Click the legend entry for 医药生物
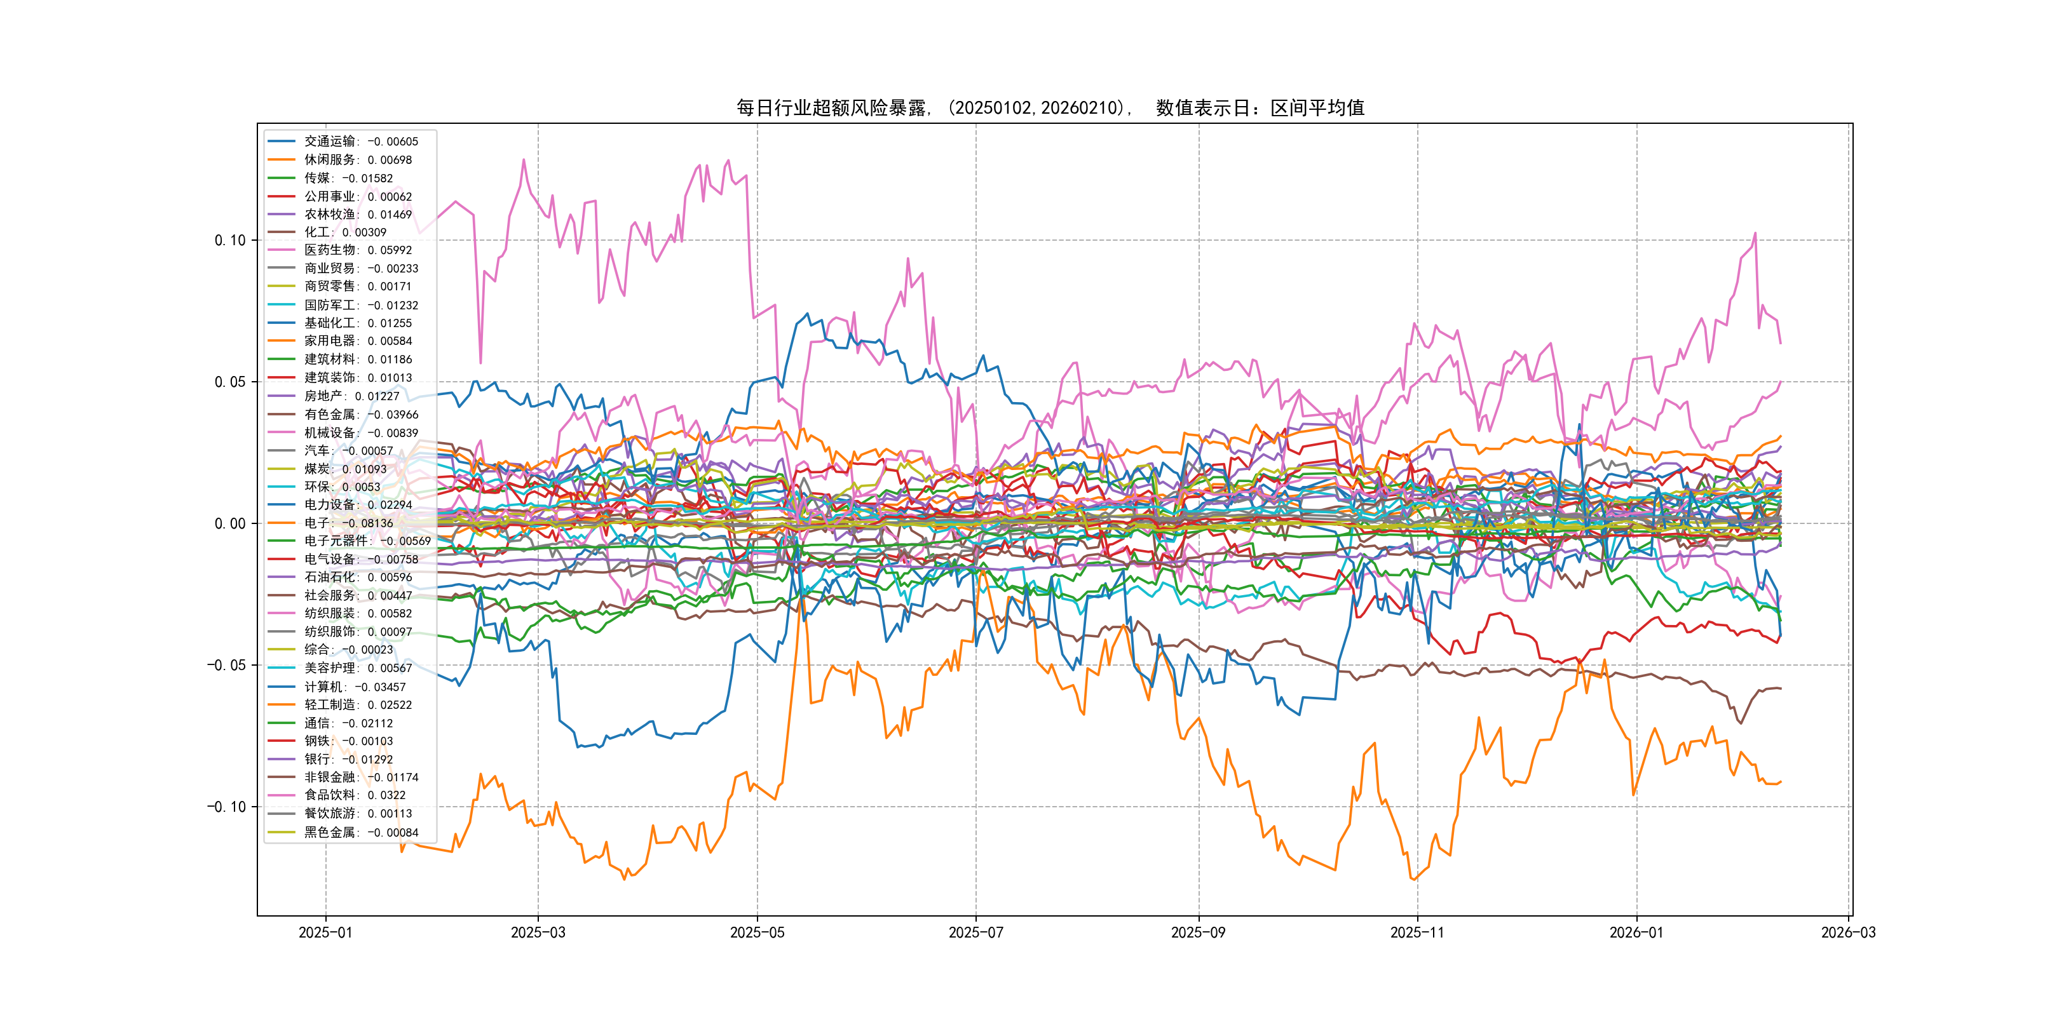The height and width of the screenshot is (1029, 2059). tap(357, 250)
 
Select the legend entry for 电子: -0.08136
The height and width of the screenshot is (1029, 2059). tap(348, 523)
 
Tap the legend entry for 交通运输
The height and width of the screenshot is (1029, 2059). tap(360, 142)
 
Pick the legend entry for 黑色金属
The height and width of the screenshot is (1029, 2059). tap(360, 833)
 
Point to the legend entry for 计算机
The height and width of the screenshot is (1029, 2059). tap(354, 687)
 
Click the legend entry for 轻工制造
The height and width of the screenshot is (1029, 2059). tap(357, 704)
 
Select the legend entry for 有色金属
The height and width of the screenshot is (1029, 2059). tap(360, 415)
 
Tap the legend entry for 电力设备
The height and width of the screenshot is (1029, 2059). tap(357, 505)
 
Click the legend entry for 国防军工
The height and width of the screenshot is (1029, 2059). tap(360, 305)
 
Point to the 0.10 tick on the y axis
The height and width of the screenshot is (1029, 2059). tap(230, 241)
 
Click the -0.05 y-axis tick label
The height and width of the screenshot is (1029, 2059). tap(226, 666)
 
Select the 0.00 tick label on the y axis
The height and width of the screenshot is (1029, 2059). tap(230, 524)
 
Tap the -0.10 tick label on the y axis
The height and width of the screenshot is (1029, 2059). tap(226, 807)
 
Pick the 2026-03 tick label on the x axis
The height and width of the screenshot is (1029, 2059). tap(1848, 932)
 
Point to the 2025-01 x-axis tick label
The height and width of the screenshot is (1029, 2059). tap(325, 932)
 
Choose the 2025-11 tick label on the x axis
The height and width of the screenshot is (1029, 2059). tap(1417, 932)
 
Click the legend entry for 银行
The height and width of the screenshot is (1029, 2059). tap(348, 760)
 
